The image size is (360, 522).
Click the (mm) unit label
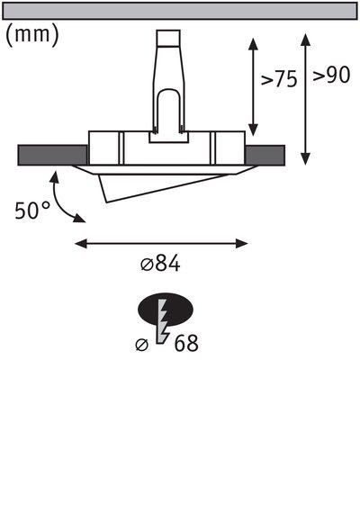tap(32, 35)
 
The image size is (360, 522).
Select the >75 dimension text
tap(279, 79)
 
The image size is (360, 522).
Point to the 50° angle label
tap(33, 211)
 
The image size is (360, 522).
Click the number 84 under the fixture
tap(168, 264)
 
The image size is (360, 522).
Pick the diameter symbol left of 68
tap(141, 344)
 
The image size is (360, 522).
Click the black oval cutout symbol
tap(166, 311)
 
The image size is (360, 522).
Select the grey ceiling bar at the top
tap(180, 11)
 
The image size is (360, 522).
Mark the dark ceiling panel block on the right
tap(265, 155)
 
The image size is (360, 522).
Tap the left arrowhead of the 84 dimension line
tap(80, 242)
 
